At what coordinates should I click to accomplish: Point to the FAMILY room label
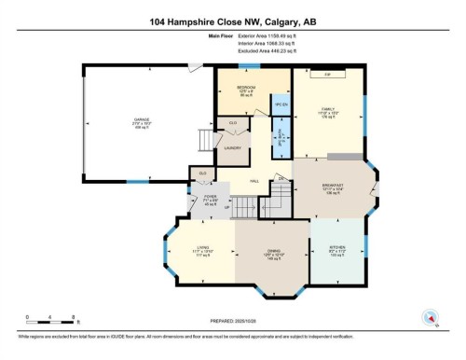coord(327,108)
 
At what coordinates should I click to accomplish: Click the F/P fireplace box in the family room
coord(327,74)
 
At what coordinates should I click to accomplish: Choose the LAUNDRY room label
coord(230,147)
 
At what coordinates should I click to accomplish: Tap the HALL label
coord(254,181)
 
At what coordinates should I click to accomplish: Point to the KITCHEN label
coord(338,248)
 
